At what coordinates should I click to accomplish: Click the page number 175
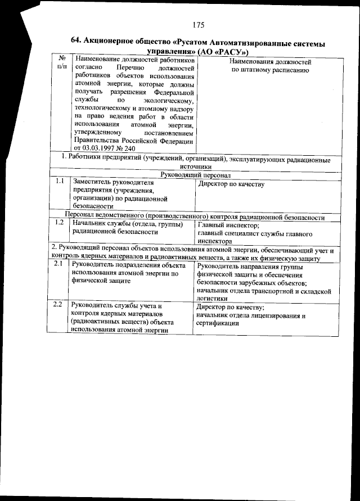[x=197, y=25]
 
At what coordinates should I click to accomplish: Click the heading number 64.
[x=77, y=40]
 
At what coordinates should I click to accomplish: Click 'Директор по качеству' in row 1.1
[x=232, y=184]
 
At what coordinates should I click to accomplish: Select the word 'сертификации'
[x=216, y=324]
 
